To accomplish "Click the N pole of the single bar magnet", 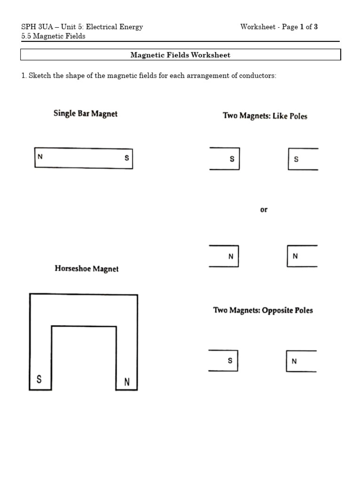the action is [40, 157].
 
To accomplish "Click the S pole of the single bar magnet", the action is [126, 158].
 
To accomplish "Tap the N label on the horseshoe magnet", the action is [127, 382].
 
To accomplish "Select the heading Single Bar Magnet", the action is [86, 113].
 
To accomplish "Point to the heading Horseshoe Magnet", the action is [86, 269].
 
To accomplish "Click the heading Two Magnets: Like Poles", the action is [265, 116].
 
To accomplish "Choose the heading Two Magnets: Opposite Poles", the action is [263, 310].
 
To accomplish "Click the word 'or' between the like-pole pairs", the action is [264, 209].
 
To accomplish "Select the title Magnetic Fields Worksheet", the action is [180, 55].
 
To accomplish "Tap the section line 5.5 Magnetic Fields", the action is [53, 36].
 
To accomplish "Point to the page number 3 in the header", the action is [316, 27].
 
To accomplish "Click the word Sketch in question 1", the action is [39, 76].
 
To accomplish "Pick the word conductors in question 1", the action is [258, 76].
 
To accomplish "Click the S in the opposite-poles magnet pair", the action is [230, 361].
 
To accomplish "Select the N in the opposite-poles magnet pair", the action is [294, 361].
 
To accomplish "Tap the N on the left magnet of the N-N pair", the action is [231, 257].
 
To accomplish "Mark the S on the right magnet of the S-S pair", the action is [296, 159].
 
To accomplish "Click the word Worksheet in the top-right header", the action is [258, 27].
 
